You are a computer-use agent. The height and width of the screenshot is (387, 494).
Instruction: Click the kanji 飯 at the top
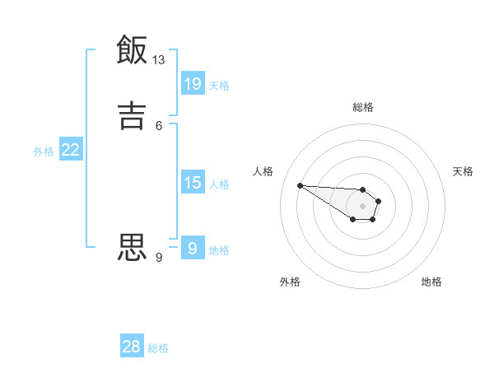tap(132, 49)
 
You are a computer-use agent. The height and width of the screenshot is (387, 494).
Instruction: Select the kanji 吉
tap(132, 114)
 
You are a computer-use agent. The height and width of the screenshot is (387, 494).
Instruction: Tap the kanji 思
tap(132, 246)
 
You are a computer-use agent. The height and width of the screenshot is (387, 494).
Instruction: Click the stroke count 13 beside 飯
tap(159, 60)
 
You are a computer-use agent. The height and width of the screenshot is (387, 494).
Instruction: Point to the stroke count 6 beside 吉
tap(159, 125)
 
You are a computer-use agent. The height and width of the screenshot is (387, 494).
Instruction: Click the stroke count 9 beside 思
tap(159, 258)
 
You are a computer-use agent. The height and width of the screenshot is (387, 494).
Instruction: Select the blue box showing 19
tap(193, 84)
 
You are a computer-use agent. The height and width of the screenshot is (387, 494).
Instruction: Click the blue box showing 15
tap(193, 183)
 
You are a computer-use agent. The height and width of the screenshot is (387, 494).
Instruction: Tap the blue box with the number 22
tap(71, 150)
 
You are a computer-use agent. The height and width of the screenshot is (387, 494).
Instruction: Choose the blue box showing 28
tap(132, 347)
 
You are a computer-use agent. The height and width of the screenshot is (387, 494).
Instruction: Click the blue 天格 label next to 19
tap(219, 86)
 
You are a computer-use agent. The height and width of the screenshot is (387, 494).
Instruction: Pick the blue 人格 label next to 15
tap(219, 184)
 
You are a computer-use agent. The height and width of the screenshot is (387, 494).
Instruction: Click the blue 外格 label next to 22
tap(44, 152)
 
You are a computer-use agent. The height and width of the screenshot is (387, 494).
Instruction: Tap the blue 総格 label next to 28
tap(158, 348)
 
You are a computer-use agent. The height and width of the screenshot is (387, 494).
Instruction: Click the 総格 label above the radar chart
tap(363, 107)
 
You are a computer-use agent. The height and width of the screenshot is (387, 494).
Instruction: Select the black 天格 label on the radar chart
tap(463, 171)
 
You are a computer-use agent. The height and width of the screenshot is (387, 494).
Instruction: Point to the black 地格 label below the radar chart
tap(431, 282)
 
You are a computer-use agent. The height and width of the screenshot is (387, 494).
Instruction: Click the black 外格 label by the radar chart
tap(290, 282)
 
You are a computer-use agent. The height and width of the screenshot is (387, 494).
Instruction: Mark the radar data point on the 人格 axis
tap(300, 185)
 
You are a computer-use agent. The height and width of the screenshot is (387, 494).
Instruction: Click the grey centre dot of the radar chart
tap(362, 205)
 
